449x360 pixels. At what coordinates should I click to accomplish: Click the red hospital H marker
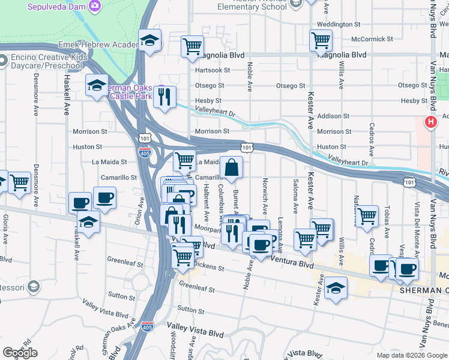point(430,122)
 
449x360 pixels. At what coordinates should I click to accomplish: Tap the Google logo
point(20,353)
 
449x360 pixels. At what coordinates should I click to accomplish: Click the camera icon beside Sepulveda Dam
point(94,6)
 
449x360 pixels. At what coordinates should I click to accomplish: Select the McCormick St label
point(372,39)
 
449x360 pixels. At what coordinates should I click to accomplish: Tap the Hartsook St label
point(212,70)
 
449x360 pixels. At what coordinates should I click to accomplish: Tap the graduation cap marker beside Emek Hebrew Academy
point(150,41)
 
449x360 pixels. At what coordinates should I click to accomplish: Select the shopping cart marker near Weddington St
point(321,41)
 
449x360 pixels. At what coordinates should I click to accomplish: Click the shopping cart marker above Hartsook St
point(192,46)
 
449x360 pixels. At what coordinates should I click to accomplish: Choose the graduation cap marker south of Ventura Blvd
point(336,289)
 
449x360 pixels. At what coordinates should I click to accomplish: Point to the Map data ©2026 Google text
point(411,355)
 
